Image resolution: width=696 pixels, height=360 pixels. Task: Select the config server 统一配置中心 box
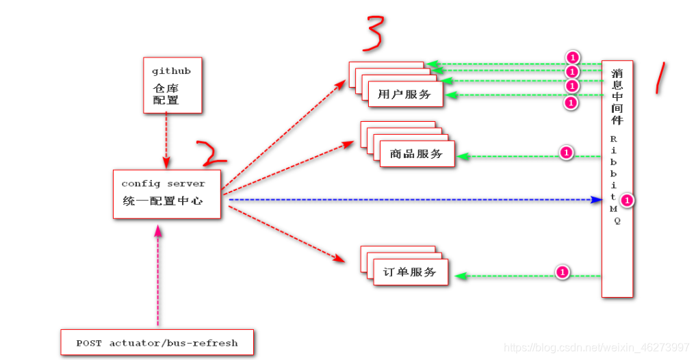tap(167, 194)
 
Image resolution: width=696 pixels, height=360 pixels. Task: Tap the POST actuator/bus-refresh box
tap(157, 342)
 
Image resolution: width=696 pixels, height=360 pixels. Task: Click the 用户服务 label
tap(404, 94)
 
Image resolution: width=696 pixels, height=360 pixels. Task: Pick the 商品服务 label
tap(417, 153)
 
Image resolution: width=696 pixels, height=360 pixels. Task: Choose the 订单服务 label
tap(410, 272)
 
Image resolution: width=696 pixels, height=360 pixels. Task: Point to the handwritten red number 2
tap(211, 154)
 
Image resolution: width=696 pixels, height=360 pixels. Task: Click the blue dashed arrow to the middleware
tap(411, 200)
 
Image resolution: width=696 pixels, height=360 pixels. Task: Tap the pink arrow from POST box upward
tap(159, 274)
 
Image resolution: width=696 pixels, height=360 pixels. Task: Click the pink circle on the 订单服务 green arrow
tap(562, 272)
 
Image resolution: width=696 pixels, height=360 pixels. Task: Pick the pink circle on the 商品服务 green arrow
tap(566, 153)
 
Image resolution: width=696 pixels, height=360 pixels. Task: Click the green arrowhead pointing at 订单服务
tap(461, 276)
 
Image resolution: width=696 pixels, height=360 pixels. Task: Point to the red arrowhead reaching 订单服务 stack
tap(339, 259)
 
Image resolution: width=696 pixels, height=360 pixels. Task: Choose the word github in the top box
tap(171, 70)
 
